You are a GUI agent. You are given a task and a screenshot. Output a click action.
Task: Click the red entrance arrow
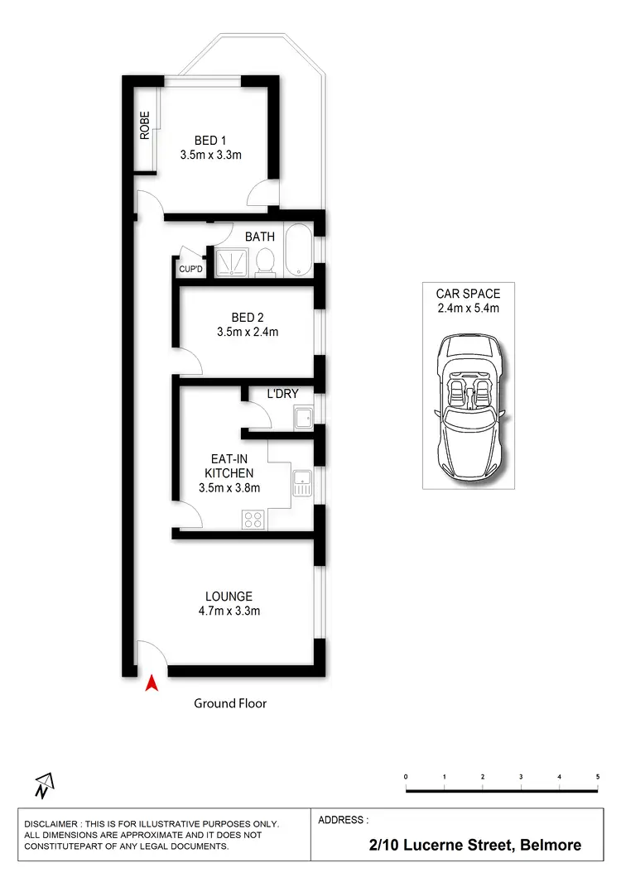point(151,683)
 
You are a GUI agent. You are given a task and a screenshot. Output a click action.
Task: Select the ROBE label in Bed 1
point(145,125)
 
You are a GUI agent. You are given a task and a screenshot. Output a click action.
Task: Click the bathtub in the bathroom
point(298,252)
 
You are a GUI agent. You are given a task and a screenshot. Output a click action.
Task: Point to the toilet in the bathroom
point(266,262)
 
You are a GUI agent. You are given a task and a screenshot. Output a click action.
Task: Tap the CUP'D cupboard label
point(190,268)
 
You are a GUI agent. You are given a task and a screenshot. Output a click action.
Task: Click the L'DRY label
point(282,394)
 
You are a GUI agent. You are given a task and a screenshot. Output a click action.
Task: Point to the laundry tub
point(302,418)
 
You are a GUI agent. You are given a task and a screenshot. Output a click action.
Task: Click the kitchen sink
point(301,483)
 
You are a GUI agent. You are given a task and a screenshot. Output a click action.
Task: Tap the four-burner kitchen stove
point(253,520)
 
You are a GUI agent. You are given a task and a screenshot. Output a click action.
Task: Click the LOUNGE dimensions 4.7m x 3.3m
point(229,611)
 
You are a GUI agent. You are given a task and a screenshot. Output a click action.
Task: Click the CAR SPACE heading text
point(468,293)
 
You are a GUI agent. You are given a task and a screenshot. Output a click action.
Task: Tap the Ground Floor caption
point(230,703)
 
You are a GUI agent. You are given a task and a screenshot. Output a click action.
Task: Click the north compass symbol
point(43,784)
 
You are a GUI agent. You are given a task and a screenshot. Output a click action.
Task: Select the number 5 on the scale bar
point(598,777)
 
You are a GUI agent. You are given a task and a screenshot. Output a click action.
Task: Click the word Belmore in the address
point(550,845)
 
